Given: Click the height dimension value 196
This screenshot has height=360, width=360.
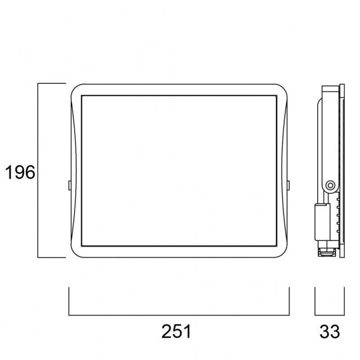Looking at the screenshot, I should pos(20,172).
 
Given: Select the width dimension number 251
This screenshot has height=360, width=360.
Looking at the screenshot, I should pos(176,332).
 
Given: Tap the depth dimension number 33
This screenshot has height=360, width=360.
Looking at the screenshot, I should pos(330,332).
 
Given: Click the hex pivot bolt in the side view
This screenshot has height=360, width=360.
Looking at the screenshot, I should pos(331,184).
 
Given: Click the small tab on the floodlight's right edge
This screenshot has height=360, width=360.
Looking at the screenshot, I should pos(289,184).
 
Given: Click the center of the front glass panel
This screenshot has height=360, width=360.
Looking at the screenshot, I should pos(179,171).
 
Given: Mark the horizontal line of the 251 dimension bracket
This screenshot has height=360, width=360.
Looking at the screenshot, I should pos(179,315).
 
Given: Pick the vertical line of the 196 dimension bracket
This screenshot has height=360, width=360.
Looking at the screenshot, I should pos(38,171).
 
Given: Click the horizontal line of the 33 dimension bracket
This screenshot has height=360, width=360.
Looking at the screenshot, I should pos(329,315).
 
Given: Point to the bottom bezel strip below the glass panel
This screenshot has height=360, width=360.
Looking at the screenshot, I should pos(179,251).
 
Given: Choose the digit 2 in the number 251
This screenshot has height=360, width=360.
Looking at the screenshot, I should pos(167,332).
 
